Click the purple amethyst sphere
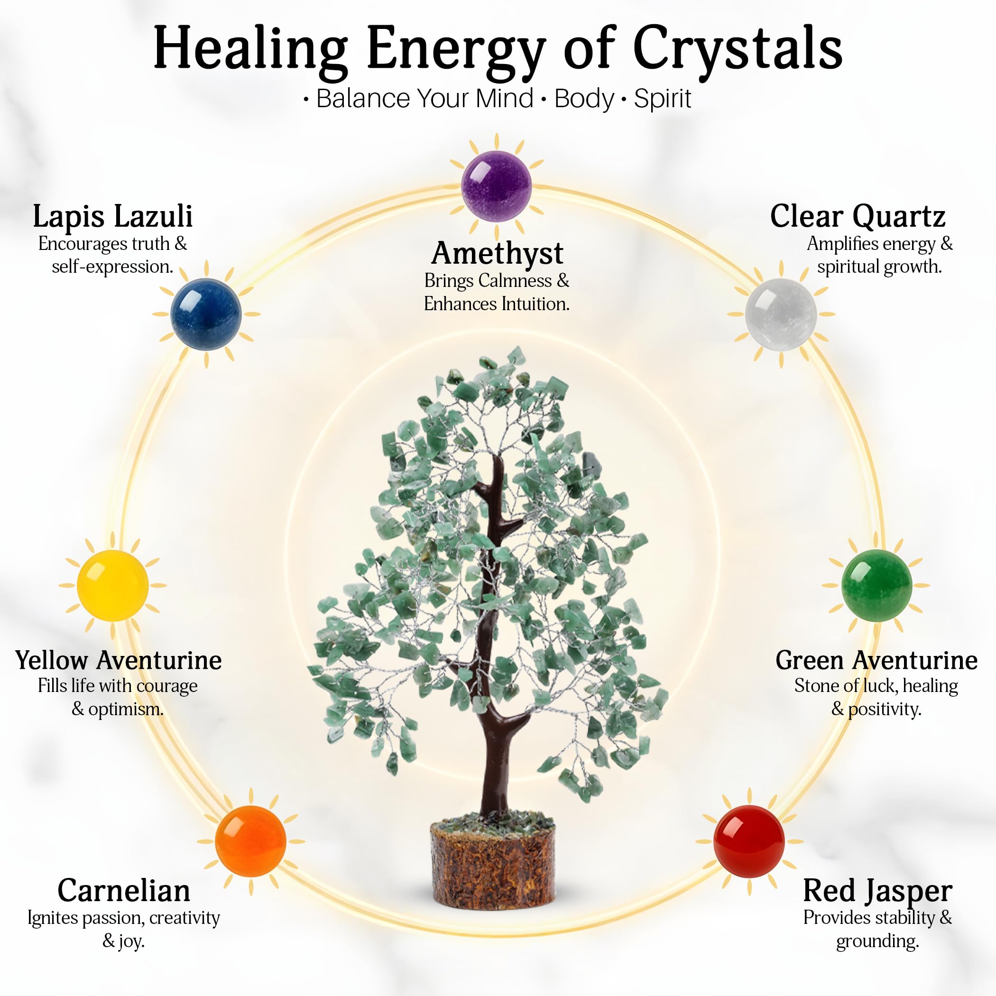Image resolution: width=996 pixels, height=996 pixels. (496, 186)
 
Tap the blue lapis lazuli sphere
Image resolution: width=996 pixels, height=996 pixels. (206, 314)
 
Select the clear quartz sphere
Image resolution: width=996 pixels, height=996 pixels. (781, 314)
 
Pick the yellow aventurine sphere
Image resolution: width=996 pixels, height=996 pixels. (112, 585)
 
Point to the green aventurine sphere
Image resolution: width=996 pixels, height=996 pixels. (876, 585)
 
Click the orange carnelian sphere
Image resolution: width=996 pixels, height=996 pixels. (250, 841)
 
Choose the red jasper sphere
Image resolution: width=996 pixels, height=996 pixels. (749, 841)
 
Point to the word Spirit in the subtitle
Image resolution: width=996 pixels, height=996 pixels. (663, 99)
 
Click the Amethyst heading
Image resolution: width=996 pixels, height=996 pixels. (498, 254)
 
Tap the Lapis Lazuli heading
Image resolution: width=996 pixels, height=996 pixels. (113, 217)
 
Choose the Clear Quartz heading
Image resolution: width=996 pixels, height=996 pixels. (858, 217)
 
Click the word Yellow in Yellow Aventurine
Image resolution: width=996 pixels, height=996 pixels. (52, 660)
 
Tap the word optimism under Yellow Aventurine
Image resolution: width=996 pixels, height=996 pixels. (126, 710)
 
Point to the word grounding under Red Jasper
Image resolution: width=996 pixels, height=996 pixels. (877, 942)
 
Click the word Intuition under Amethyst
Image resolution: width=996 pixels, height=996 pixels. (535, 304)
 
